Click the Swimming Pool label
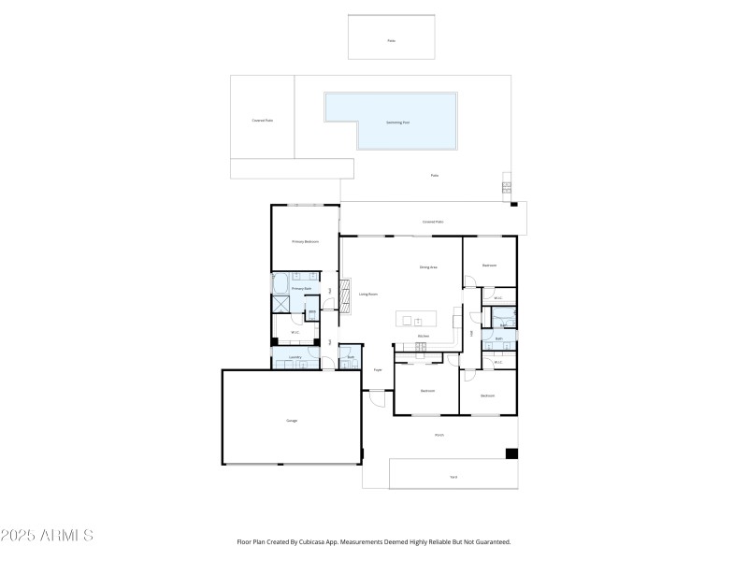pyautogui.click(x=398, y=122)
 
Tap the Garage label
pyautogui.click(x=292, y=421)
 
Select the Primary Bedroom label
pyautogui.click(x=305, y=241)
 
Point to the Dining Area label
pyautogui.click(x=428, y=267)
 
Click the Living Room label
pyautogui.click(x=368, y=294)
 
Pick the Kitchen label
pyautogui.click(x=423, y=336)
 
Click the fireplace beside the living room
pyautogui.click(x=346, y=292)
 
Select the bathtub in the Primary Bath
pyautogui.click(x=280, y=283)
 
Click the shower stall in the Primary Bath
pyautogui.click(x=280, y=304)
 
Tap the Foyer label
pyautogui.click(x=378, y=370)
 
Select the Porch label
pyautogui.click(x=439, y=435)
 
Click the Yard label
pyautogui.click(x=453, y=477)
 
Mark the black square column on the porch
pyautogui.click(x=511, y=454)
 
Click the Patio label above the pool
pyautogui.click(x=391, y=41)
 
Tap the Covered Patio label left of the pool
pyautogui.click(x=262, y=121)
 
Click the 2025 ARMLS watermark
pyautogui.click(x=47, y=536)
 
